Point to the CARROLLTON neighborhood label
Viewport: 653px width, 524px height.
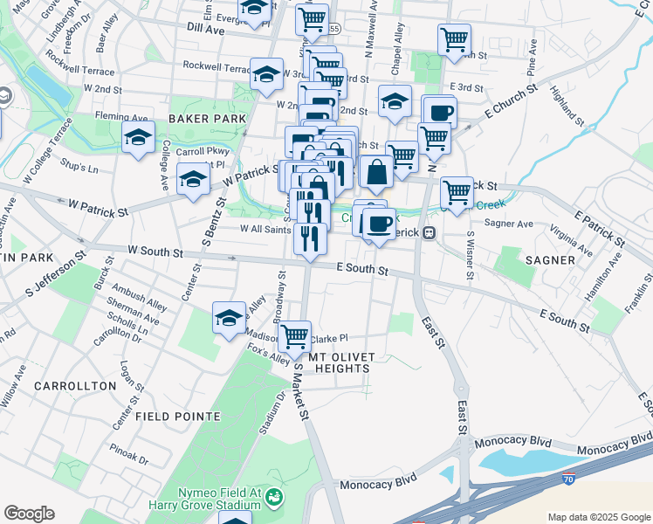(x=75, y=385)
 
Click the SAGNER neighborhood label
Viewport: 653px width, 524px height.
(x=550, y=259)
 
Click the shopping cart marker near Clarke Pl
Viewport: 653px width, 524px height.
(x=295, y=335)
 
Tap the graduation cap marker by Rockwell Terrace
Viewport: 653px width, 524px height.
(x=266, y=74)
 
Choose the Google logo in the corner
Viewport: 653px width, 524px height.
(x=29, y=514)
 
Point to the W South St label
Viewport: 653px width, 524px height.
(x=155, y=252)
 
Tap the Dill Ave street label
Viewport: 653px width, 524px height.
(x=206, y=28)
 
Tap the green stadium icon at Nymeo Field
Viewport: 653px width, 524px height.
(x=275, y=498)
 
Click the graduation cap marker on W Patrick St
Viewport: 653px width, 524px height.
(x=193, y=181)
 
